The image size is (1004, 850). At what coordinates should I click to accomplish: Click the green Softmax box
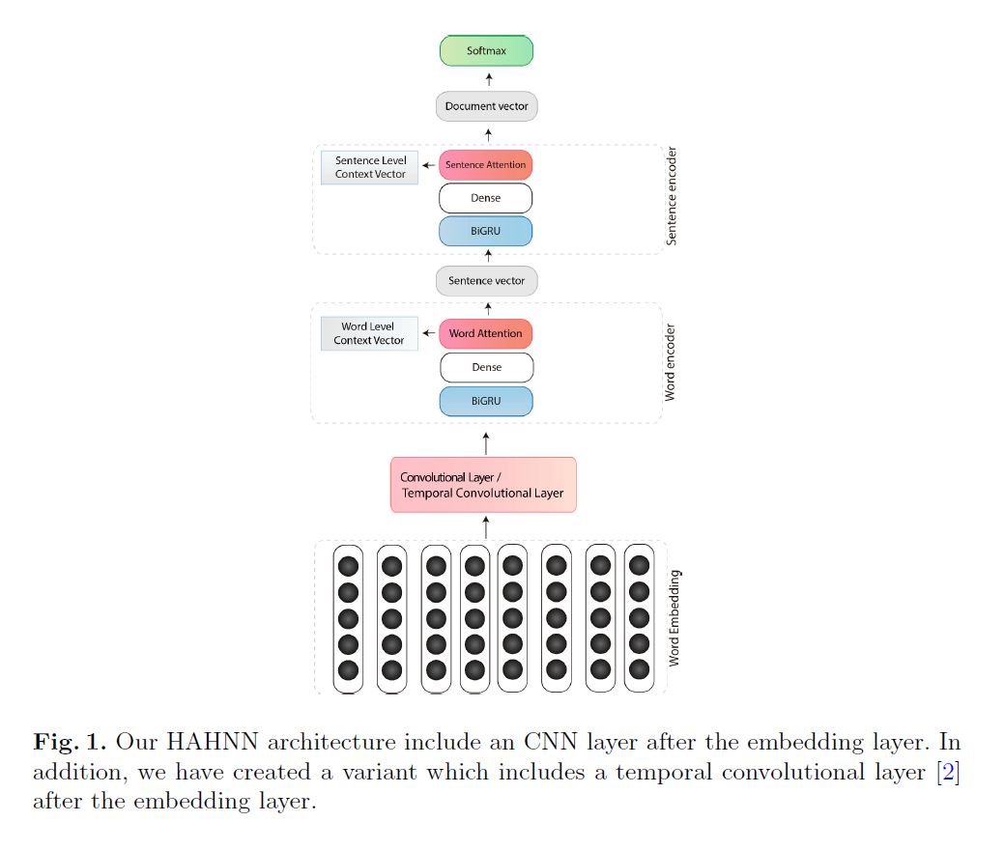click(x=486, y=51)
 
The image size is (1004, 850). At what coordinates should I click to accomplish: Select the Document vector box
click(x=486, y=106)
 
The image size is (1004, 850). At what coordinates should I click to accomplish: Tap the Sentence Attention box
click(x=486, y=165)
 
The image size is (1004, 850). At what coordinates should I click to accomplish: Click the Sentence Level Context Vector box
click(x=370, y=167)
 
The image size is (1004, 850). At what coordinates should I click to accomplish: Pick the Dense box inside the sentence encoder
click(x=486, y=198)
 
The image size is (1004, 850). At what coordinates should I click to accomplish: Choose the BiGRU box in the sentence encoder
click(x=486, y=232)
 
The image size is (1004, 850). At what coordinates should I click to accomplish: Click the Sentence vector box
click(x=486, y=281)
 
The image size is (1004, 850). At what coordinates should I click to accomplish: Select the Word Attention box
click(x=486, y=334)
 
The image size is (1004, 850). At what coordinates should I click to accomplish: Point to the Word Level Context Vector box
click(x=369, y=334)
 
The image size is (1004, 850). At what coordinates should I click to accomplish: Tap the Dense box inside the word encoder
click(x=486, y=368)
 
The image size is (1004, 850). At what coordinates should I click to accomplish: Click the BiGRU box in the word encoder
click(x=486, y=401)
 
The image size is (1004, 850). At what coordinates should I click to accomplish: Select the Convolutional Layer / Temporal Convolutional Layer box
click(x=482, y=485)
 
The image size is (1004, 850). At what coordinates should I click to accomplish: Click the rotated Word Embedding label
click(x=674, y=617)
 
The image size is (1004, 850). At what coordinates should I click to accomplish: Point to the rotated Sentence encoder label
click(x=672, y=196)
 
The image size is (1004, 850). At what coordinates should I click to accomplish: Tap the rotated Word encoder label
click(x=670, y=363)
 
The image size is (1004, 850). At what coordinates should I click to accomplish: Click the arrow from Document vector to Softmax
click(x=488, y=79)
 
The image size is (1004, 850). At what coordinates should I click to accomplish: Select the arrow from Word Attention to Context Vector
click(x=429, y=333)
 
